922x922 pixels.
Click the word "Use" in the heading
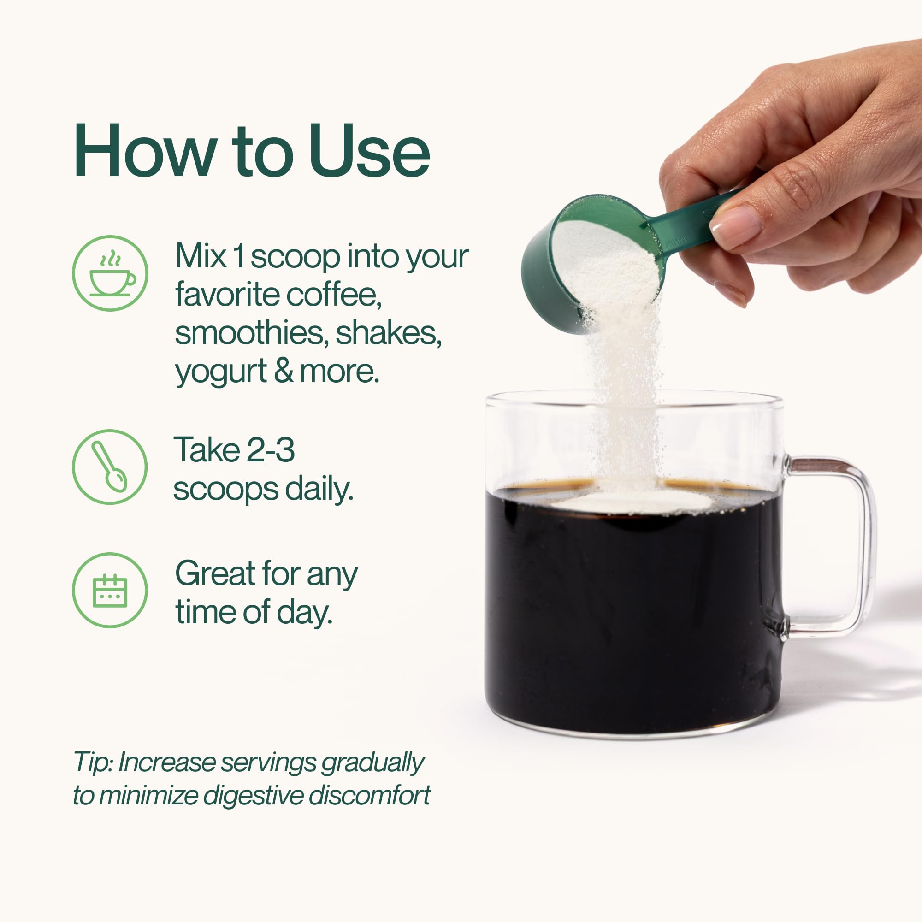click(x=370, y=151)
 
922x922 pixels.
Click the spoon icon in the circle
click(x=110, y=467)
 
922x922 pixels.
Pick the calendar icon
click(x=110, y=591)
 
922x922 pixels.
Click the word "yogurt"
click(x=221, y=372)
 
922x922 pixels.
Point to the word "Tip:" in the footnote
click(x=93, y=762)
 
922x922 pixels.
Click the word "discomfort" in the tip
click(x=369, y=796)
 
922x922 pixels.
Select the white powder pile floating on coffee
click(x=630, y=502)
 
